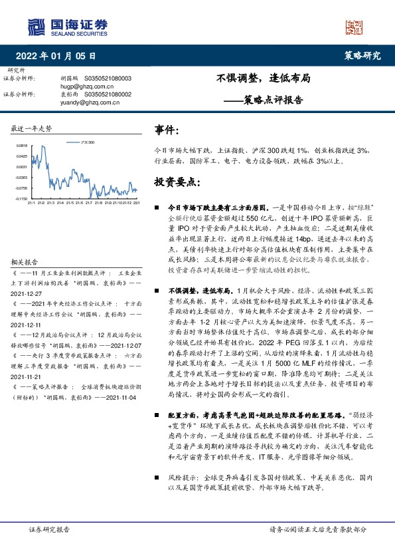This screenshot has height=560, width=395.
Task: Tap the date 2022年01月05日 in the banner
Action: coord(60,56)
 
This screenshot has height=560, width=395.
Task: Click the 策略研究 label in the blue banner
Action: coord(362,56)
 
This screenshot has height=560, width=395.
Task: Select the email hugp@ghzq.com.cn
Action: coord(82,86)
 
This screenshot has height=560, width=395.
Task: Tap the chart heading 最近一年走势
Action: coord(32,128)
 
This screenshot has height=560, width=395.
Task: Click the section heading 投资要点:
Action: coord(177,182)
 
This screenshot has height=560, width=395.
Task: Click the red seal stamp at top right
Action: coord(355,27)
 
